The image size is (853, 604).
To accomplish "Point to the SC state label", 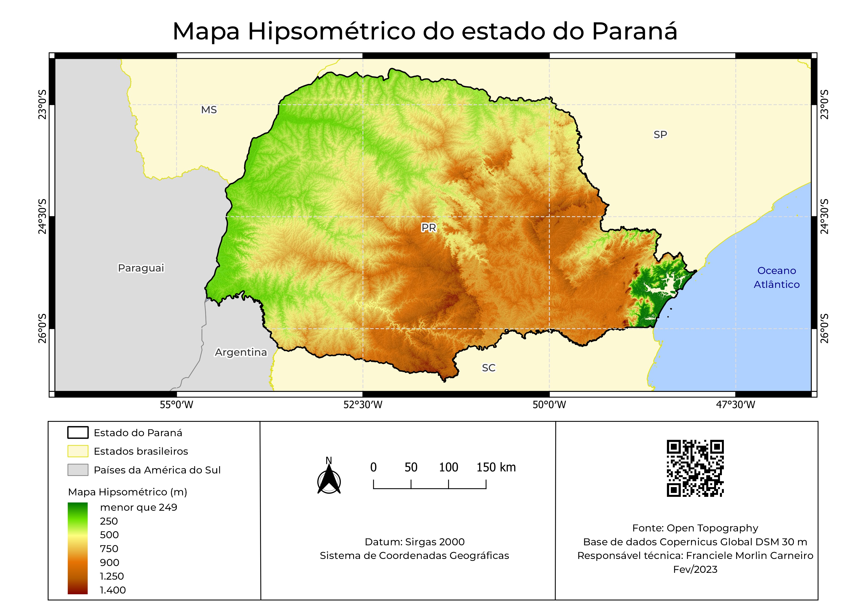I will [489, 368].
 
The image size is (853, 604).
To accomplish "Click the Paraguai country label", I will [141, 268].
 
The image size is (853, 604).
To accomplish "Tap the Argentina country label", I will [241, 352].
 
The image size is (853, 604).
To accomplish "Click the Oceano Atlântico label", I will [776, 277].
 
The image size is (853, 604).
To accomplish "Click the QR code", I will [695, 468].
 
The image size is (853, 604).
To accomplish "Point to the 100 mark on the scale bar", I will [449, 468].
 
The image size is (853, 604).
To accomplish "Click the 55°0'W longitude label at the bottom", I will [177, 405].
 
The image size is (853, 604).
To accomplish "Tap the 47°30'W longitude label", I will [736, 405].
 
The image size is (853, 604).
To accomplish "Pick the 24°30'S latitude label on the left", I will [43, 217].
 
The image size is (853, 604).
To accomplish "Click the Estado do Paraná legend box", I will [78, 433].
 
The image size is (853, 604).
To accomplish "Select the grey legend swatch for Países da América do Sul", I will [78, 470].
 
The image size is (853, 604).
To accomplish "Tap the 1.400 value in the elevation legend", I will [113, 590].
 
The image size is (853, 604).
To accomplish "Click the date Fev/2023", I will [695, 569].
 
